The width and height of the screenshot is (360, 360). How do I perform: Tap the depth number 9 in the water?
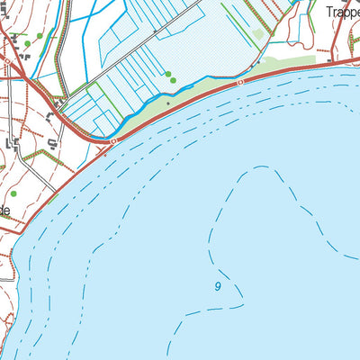tap(218, 286)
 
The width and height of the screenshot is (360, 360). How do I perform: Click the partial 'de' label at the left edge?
tap(4, 210)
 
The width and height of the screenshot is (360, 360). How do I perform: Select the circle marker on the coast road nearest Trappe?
tap(241, 82)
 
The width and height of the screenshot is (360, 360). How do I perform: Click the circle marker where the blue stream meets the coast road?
tap(113, 141)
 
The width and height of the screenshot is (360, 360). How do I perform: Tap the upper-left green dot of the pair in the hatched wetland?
tap(167, 74)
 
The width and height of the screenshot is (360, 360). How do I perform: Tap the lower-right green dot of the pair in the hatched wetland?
tap(174, 79)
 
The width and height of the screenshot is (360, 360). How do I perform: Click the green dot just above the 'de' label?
tap(13, 193)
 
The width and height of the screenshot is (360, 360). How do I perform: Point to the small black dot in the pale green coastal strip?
tap(167, 103)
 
